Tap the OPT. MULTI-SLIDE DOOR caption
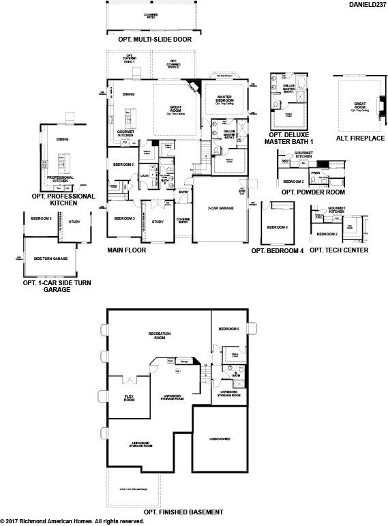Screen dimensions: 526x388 (x=155, y=40)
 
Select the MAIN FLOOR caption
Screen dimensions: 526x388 (x=126, y=250)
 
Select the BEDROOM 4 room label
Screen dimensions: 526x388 (x=277, y=227)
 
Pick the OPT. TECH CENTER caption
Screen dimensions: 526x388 (x=339, y=250)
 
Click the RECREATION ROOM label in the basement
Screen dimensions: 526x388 (x=159, y=335)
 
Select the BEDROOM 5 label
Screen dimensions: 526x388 (x=229, y=329)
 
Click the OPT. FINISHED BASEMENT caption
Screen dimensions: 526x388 (x=183, y=512)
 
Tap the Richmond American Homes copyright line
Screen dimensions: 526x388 (x=72, y=521)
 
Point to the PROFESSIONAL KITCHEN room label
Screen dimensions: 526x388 (x=64, y=179)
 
